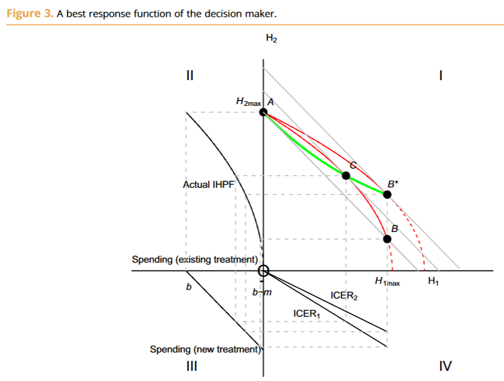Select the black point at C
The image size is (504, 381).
346,175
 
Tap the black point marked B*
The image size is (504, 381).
387,194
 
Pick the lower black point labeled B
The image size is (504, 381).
387,239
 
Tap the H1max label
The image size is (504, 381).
387,282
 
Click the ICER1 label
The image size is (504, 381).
306,313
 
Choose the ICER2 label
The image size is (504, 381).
344,295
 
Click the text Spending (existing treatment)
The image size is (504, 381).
195,260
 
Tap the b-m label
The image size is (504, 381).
262,293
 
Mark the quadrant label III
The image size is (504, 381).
190,365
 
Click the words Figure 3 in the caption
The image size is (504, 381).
29,13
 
